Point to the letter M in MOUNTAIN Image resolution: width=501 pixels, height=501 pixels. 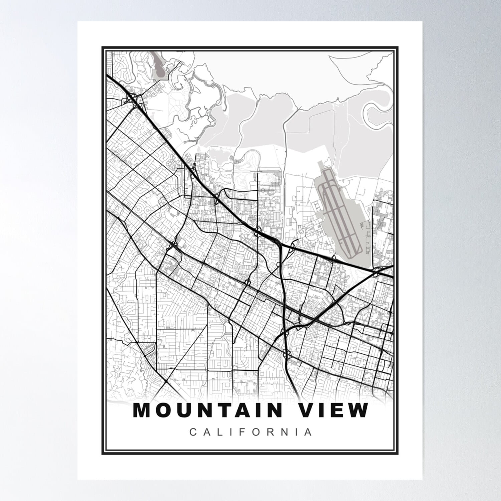point(142,410)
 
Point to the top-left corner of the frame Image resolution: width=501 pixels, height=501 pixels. point(102,47)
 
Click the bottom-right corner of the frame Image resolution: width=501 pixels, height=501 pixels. point(398,454)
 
